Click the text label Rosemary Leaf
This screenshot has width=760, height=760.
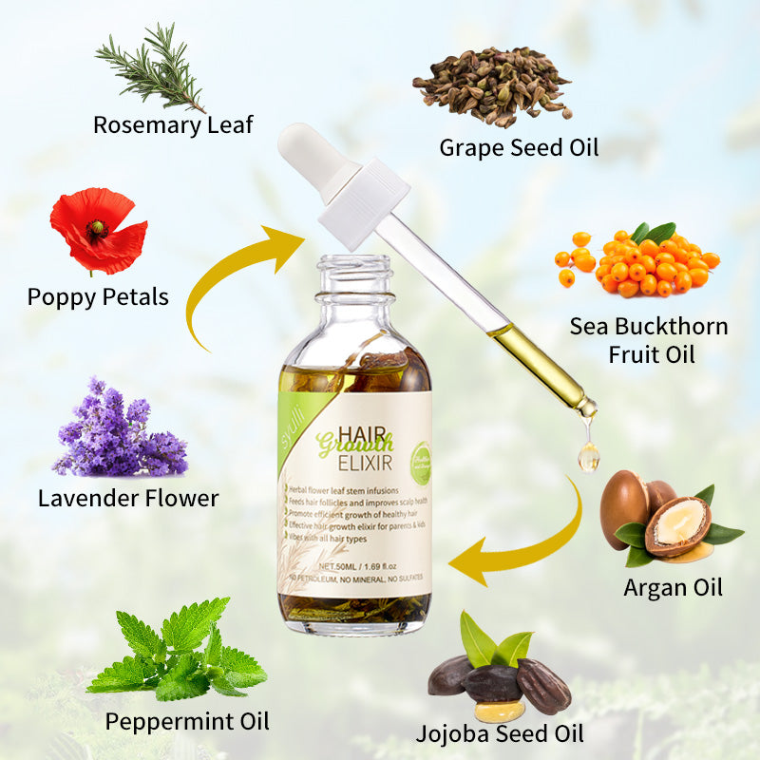pos(173,124)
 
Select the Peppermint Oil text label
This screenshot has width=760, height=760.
pos(187,721)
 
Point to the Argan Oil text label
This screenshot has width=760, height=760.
pos(673,587)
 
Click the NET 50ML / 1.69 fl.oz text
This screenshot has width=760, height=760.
pos(352,560)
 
